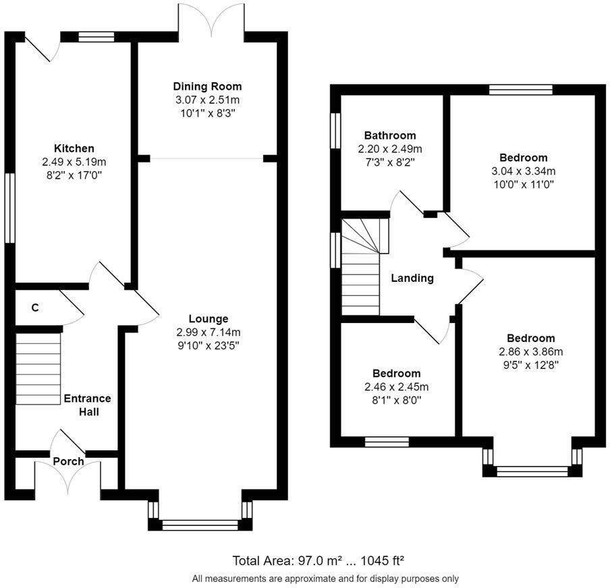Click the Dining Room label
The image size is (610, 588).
click(207, 86)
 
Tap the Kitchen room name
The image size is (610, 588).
click(74, 148)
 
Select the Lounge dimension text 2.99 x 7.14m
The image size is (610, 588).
click(208, 332)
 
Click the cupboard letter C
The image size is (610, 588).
click(35, 308)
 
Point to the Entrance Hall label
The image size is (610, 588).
click(88, 405)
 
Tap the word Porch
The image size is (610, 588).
click(68, 462)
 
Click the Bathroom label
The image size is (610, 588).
click(390, 136)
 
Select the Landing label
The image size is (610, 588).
click(412, 278)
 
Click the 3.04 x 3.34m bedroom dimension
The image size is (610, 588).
click(524, 171)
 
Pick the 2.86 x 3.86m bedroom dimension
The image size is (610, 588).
click(531, 352)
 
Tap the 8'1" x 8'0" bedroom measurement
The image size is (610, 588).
click(397, 401)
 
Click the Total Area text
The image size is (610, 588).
click(318, 561)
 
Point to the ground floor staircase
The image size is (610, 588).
click(38, 369)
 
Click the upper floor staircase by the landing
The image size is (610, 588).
click(360, 267)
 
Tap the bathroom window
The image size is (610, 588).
click(335, 131)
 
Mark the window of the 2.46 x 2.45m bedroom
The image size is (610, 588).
click(387, 442)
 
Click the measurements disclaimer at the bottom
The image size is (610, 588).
click(325, 579)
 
